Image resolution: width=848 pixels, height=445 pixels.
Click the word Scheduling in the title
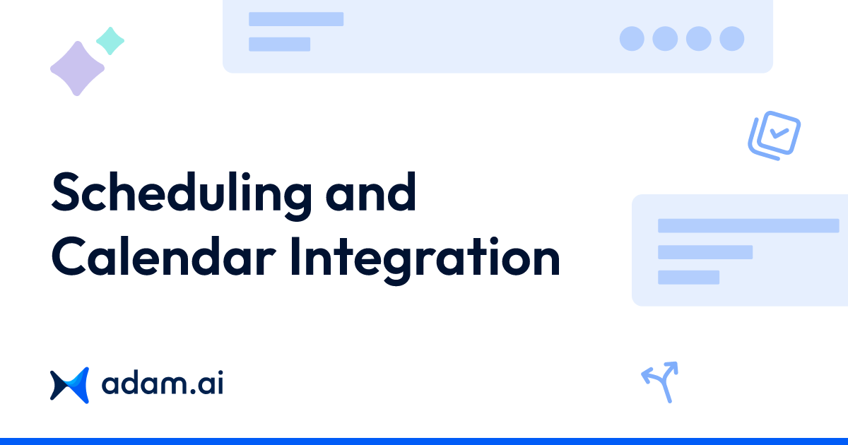[181, 194]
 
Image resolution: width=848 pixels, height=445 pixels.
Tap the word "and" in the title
[371, 192]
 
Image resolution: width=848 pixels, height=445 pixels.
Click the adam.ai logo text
[163, 385]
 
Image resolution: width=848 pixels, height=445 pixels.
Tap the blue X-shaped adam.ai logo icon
[69, 385]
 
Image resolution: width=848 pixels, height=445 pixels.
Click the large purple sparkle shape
[77, 69]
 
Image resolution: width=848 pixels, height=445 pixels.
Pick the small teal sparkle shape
[110, 41]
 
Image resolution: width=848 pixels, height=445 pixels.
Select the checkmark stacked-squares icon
[775, 135]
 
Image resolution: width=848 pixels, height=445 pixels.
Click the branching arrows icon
[660, 381]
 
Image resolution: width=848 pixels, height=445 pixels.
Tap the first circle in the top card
[632, 38]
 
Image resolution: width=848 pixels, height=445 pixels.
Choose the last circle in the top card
[732, 38]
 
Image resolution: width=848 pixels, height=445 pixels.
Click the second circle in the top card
[665, 38]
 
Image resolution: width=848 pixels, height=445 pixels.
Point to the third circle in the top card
[698, 38]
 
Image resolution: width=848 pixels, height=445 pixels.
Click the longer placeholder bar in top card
[296, 19]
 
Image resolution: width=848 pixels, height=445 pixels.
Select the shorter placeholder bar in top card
[279, 44]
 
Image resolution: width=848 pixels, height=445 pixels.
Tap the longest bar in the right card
[748, 226]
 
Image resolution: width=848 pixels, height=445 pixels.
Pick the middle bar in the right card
[705, 252]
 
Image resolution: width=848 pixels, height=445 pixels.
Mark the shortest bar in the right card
[688, 277]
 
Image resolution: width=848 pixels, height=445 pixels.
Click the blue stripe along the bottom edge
[424, 441]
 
